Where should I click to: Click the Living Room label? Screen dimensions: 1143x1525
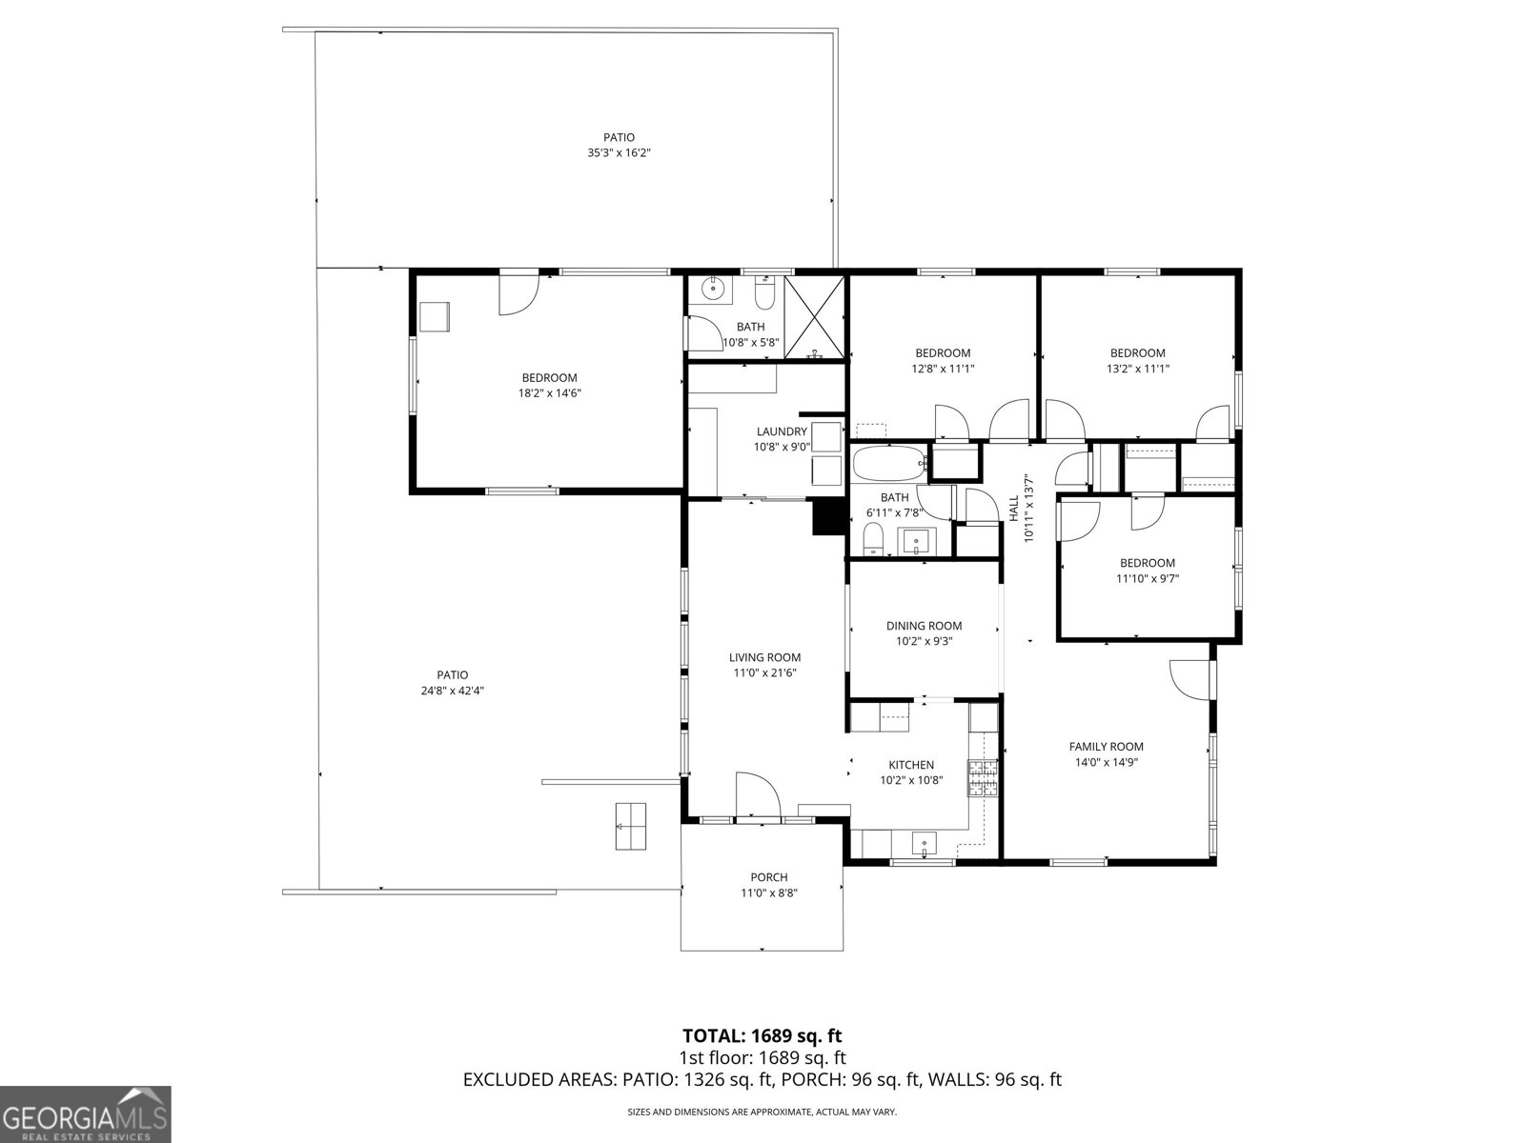(764, 657)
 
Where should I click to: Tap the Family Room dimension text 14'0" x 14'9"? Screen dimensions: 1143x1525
(1106, 762)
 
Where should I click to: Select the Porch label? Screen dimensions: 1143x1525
(768, 877)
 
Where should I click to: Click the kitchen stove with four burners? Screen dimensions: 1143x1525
(983, 778)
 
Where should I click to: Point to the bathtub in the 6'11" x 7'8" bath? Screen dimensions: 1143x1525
(888, 466)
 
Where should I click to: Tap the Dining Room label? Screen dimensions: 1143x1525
(924, 626)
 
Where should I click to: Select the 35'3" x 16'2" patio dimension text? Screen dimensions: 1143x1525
(619, 152)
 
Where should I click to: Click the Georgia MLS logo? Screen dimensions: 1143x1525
(85, 1113)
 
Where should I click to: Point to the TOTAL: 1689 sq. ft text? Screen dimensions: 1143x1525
(762, 1035)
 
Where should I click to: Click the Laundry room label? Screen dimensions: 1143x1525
(782, 431)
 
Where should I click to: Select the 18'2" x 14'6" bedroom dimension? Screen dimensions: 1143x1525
(549, 392)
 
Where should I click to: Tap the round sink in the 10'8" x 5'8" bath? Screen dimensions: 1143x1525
(712, 289)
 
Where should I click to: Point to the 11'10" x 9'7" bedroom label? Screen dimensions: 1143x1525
(1148, 563)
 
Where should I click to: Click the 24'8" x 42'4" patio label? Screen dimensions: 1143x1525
(453, 675)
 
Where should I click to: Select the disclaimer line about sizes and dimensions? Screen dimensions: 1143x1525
(762, 1112)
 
